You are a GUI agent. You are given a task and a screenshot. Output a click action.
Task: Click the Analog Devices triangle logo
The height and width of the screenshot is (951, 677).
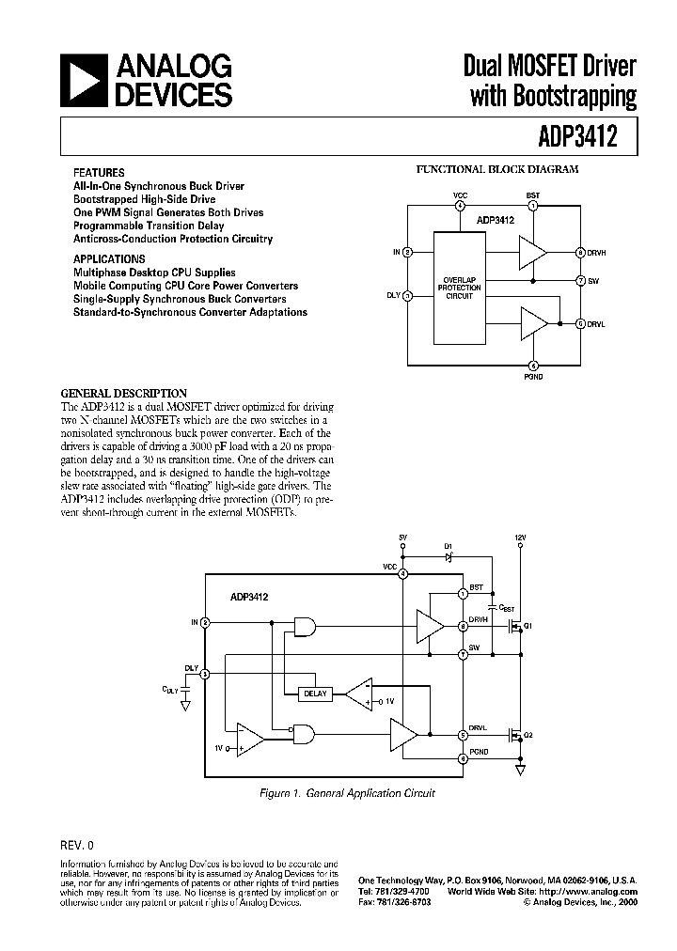[x=84, y=81]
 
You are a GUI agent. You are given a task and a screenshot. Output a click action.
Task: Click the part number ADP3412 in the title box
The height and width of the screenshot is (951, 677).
[x=577, y=137]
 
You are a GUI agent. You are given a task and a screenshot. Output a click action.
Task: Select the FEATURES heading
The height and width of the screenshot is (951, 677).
[x=99, y=173]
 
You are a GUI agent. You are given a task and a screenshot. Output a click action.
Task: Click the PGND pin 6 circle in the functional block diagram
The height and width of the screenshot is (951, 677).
[x=533, y=366]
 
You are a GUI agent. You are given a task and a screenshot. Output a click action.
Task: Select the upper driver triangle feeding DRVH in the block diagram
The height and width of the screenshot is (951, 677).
[x=532, y=252]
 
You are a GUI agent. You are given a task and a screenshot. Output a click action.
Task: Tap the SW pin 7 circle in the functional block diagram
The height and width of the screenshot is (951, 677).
[x=581, y=280]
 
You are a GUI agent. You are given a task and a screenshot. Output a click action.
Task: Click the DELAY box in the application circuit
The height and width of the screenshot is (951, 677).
[x=314, y=694]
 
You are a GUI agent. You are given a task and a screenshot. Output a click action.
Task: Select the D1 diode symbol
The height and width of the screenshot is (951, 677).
[x=449, y=556]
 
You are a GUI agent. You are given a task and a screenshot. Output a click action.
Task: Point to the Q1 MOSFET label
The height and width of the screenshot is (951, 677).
[x=528, y=626]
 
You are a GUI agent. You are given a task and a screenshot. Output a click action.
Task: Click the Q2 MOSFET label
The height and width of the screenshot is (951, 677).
[x=528, y=736]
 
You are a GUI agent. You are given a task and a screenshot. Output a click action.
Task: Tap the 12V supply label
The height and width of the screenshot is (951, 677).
[x=521, y=538]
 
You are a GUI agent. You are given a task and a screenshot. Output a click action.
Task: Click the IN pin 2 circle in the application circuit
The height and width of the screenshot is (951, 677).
[x=205, y=622]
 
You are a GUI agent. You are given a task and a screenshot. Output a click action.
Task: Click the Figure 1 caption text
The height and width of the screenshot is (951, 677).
[x=347, y=793]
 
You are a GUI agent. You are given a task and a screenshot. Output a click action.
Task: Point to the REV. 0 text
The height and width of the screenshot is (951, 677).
[x=76, y=844]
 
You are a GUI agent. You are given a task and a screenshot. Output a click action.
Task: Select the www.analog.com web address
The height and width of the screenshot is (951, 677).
[x=602, y=891]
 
